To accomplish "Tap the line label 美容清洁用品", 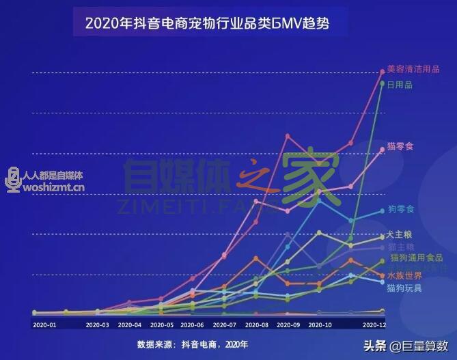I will (413, 69).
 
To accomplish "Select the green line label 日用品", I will (400, 85).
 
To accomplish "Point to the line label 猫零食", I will (400, 146).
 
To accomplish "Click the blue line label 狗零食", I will (400, 208).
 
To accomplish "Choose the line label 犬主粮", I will (400, 234).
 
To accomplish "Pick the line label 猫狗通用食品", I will (417, 258).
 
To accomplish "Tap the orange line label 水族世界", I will (404, 275).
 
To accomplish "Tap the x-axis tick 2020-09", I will (288, 325).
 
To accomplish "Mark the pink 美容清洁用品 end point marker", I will (383, 71).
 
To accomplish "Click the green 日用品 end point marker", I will (383, 84).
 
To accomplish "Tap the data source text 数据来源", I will (192, 344).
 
